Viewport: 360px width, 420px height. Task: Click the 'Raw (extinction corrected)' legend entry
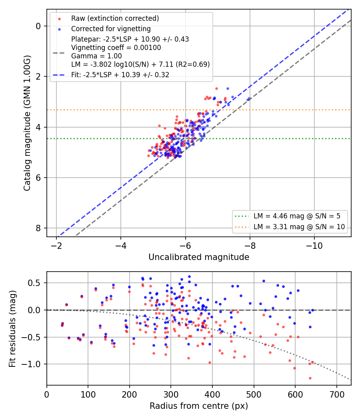tap(115, 18)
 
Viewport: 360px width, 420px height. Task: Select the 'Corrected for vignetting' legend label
tap(111, 29)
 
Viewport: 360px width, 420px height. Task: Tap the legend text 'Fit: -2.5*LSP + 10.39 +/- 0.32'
tap(120, 75)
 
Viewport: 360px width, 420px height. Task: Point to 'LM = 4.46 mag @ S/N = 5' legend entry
tap(297, 216)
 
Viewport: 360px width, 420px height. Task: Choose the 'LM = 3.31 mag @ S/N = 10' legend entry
tap(299, 227)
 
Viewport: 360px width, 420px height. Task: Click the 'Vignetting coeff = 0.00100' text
tap(116, 48)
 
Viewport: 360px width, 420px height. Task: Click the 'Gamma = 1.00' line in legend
tap(96, 56)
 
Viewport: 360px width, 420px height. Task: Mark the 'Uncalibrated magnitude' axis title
tap(199, 257)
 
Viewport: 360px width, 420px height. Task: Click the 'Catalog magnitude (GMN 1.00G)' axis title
tap(27, 123)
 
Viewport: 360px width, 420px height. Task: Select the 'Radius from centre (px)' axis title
tap(199, 406)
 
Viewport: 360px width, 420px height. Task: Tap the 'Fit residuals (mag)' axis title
tap(12, 329)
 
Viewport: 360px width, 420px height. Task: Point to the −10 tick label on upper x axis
tap(314, 246)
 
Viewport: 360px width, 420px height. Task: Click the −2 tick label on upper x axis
tap(56, 246)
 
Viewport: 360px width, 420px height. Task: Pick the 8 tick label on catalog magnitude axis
tap(38, 228)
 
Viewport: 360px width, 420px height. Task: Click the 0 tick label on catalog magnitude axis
tap(38, 26)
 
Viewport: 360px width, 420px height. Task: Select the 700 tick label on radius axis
tap(337, 394)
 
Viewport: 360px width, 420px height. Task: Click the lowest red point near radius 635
tap(310, 378)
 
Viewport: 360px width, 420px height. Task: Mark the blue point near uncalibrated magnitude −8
tap(248, 99)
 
